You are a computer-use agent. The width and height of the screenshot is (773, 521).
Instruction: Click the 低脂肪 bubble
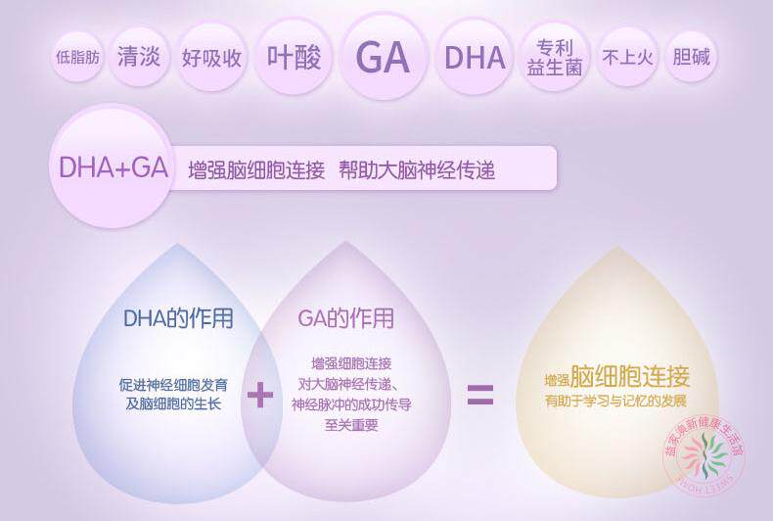click(78, 57)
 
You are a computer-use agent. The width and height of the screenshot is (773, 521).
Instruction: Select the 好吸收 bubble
click(211, 57)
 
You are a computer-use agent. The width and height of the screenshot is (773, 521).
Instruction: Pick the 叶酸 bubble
click(295, 57)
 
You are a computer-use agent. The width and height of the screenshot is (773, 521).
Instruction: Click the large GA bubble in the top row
click(382, 57)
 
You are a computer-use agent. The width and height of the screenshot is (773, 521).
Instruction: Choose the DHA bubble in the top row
click(475, 57)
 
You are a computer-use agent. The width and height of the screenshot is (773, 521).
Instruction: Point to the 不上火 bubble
click(627, 57)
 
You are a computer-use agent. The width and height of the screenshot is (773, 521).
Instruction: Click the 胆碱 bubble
click(691, 57)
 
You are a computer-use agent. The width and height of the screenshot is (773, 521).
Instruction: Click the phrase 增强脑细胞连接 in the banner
click(256, 169)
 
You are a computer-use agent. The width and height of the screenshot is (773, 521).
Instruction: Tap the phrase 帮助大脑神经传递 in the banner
click(418, 169)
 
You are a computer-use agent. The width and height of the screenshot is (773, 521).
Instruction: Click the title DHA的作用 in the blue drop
click(178, 318)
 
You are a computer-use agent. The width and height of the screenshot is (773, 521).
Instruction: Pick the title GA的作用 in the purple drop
click(345, 318)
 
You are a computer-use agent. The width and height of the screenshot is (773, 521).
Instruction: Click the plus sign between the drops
click(259, 395)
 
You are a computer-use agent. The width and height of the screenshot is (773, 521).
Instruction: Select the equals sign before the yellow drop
click(479, 395)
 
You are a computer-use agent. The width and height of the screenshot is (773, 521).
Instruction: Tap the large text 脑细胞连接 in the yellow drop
click(630, 376)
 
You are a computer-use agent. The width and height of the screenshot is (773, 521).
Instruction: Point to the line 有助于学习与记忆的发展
click(615, 402)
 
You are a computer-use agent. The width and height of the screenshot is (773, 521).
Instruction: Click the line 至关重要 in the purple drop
click(351, 424)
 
